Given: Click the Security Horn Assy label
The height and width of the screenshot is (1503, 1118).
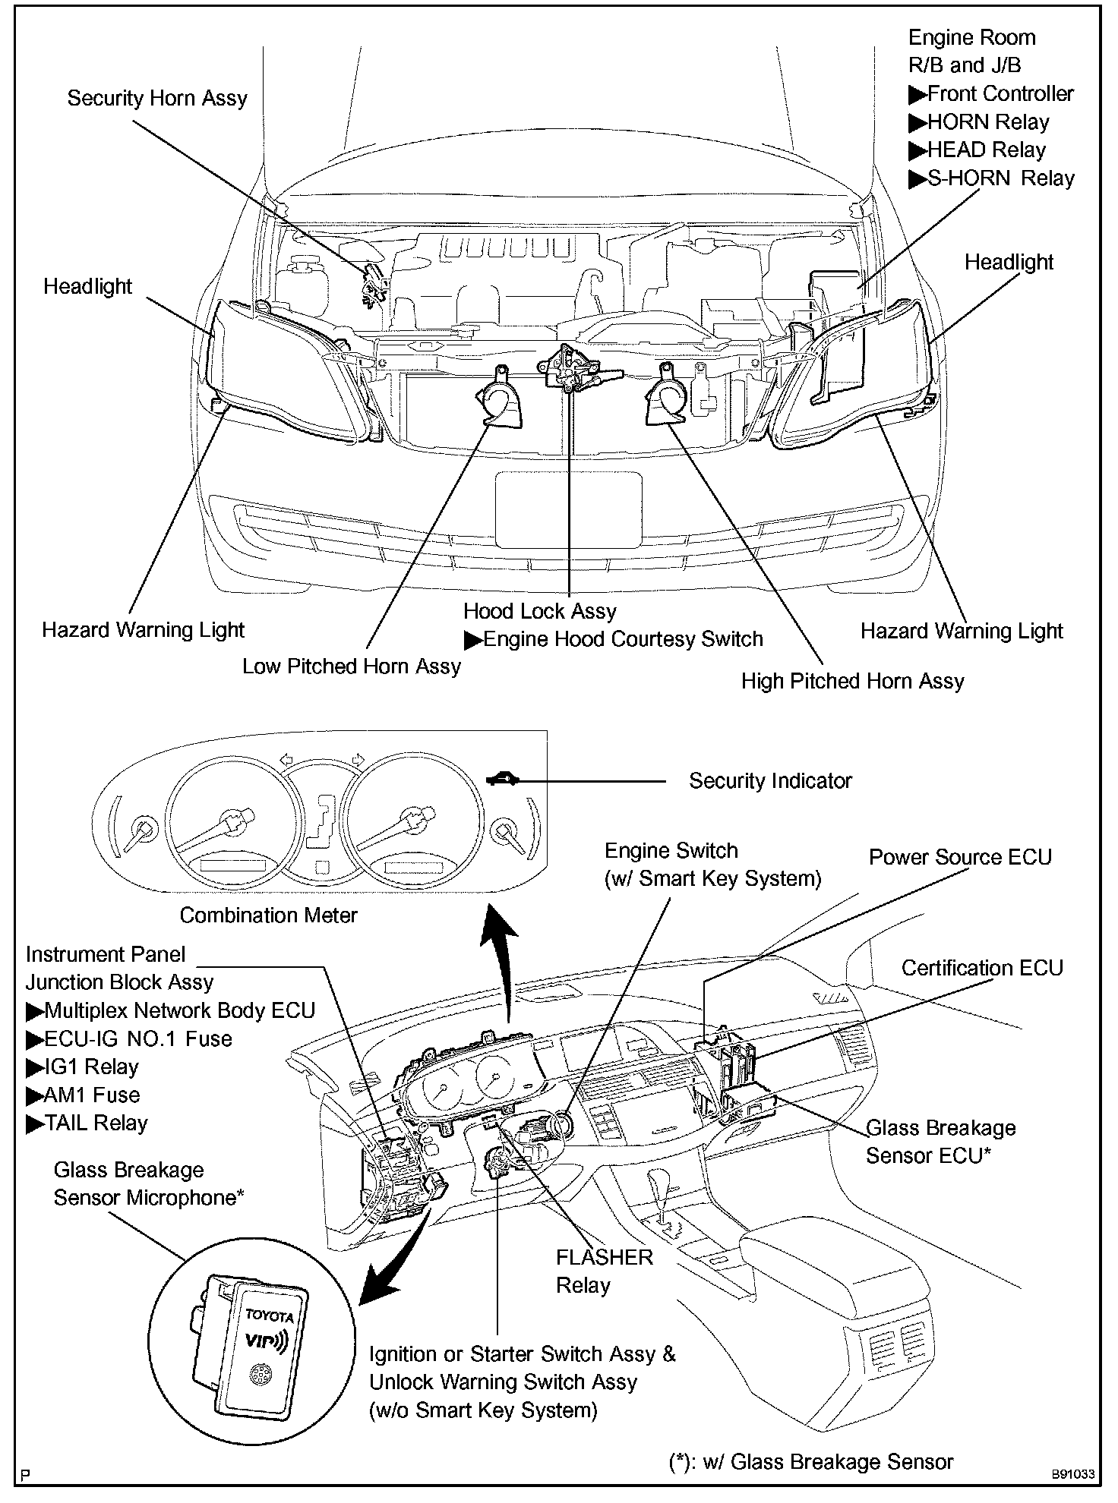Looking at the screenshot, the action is pyautogui.click(x=157, y=99).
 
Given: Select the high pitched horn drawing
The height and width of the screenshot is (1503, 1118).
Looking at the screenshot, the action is pyautogui.click(x=666, y=395).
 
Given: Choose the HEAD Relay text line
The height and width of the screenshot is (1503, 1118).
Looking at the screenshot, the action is pyautogui.click(x=977, y=150).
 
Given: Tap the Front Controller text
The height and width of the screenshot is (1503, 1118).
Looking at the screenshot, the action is pyautogui.click(x=991, y=93).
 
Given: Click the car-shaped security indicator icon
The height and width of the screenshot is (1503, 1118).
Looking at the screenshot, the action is pyautogui.click(x=503, y=778).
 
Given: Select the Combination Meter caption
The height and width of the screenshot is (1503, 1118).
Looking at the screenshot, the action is pyautogui.click(x=268, y=915).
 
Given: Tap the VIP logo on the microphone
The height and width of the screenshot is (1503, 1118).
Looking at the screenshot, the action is pyautogui.click(x=265, y=1341).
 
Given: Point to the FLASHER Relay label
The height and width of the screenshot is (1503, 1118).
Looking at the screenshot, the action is pyautogui.click(x=604, y=1271).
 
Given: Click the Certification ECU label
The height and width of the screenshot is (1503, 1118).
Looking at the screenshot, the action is pyautogui.click(x=982, y=968).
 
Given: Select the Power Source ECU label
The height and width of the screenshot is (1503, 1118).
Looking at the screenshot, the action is pyautogui.click(x=960, y=857).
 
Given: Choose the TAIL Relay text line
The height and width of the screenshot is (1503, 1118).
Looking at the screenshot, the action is pyautogui.click(x=87, y=1123).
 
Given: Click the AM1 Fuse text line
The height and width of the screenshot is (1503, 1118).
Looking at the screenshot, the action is pyautogui.click(x=83, y=1095).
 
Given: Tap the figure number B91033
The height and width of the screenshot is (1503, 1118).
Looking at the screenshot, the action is pyautogui.click(x=1073, y=1475).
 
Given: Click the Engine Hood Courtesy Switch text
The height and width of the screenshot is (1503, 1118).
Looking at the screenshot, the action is pyautogui.click(x=613, y=639).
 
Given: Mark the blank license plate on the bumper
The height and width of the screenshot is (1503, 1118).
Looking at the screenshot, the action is pyautogui.click(x=568, y=509).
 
